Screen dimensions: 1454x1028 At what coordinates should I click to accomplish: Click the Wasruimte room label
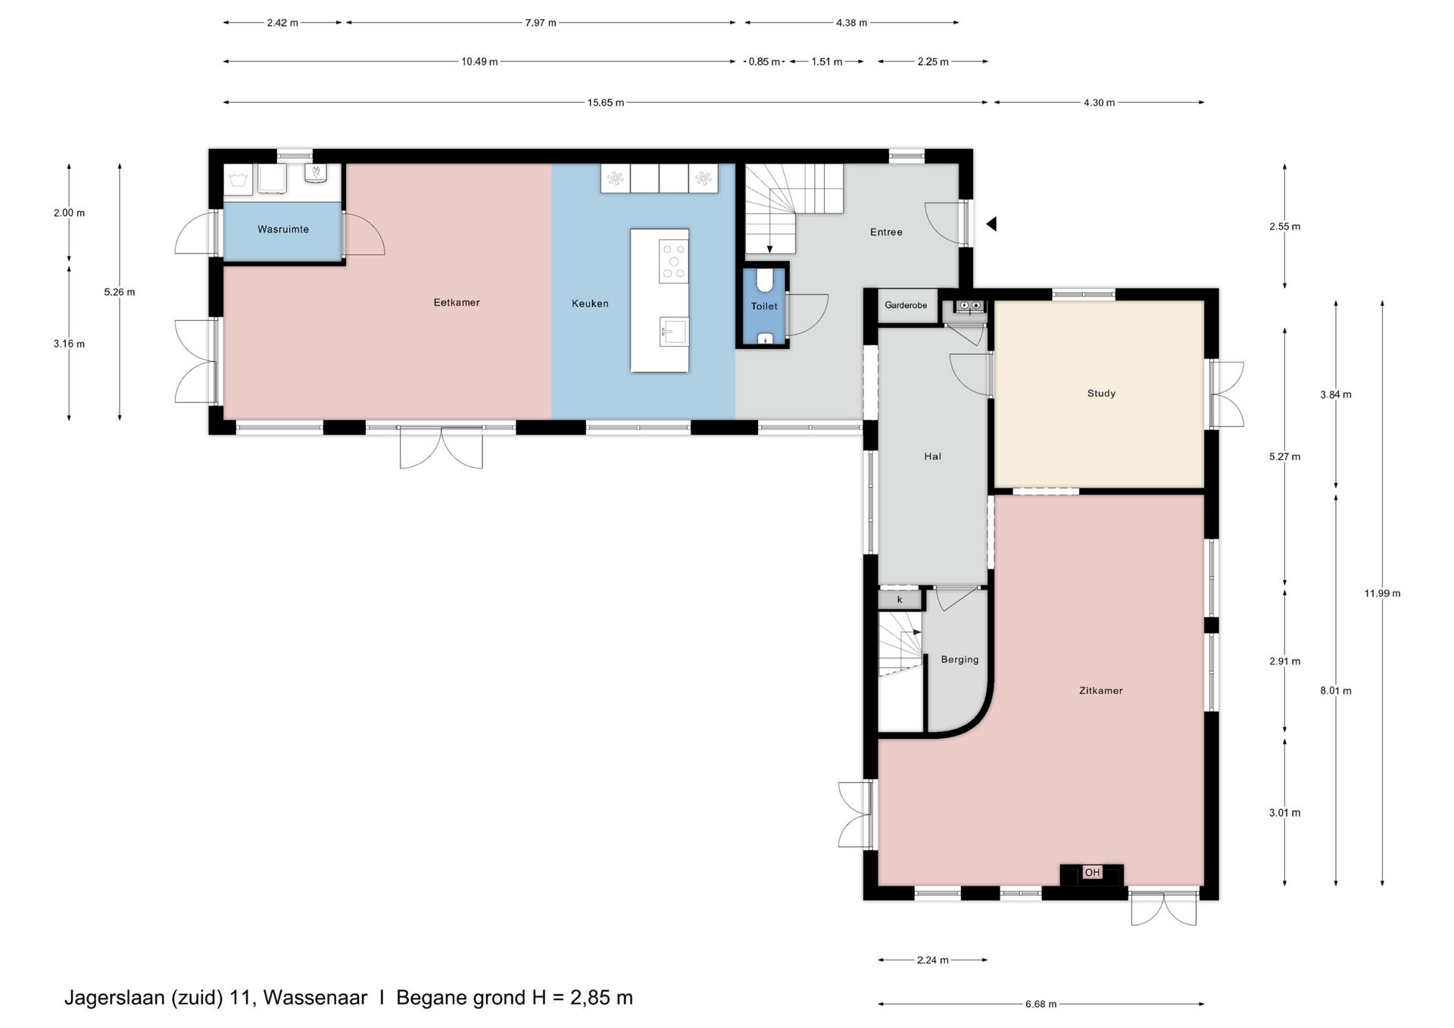(x=283, y=229)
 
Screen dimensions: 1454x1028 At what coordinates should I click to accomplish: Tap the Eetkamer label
(x=457, y=302)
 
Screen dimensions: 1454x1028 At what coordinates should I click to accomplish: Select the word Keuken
(x=590, y=304)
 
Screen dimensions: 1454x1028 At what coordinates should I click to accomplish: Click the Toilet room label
(x=764, y=307)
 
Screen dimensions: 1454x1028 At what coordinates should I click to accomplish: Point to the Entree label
(x=886, y=232)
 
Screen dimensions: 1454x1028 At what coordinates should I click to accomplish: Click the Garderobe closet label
(x=906, y=305)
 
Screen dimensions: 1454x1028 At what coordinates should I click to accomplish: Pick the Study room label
(x=1101, y=394)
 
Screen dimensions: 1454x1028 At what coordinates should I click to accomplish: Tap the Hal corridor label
(x=932, y=456)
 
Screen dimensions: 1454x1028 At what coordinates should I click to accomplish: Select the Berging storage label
(x=959, y=660)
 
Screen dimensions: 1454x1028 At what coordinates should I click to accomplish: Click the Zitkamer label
(x=1100, y=690)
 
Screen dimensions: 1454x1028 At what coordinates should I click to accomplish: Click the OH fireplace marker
(x=1092, y=873)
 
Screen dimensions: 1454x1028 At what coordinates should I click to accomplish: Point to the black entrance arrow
(x=991, y=224)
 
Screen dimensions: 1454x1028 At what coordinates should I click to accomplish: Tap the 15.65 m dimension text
(x=606, y=102)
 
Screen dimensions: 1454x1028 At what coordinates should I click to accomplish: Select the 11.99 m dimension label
(x=1382, y=593)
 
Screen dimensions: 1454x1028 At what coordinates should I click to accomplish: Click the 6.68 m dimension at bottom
(x=1041, y=1004)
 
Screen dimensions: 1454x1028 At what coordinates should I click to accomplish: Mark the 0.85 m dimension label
(x=764, y=62)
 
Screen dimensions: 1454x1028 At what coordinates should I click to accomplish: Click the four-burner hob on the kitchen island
(x=673, y=261)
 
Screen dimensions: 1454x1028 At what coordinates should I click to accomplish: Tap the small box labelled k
(x=900, y=600)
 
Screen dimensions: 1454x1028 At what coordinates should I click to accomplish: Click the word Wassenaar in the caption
(x=315, y=998)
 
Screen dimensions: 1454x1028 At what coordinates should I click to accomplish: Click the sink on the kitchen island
(x=673, y=332)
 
